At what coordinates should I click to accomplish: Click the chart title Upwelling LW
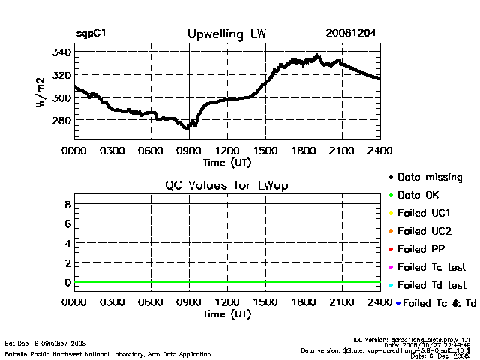(226, 34)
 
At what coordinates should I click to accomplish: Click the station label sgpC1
(90, 34)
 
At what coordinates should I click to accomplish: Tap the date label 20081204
(351, 34)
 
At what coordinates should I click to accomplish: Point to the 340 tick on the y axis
(61, 52)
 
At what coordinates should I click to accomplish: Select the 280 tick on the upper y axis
(61, 120)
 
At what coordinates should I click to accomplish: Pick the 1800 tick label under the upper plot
(304, 151)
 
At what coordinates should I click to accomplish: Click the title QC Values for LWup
(226, 185)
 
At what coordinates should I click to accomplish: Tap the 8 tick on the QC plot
(67, 204)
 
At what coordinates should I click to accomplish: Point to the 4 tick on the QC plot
(67, 243)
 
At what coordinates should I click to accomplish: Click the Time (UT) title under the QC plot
(227, 313)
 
